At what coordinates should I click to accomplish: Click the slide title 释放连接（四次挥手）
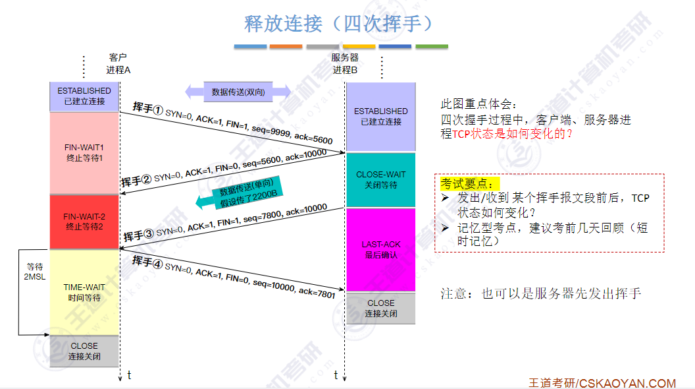pyautogui.click(x=340, y=24)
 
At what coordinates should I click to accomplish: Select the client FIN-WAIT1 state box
pyautogui.click(x=84, y=152)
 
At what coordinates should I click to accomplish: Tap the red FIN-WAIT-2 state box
pyautogui.click(x=84, y=221)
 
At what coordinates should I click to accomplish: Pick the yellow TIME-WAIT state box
pyautogui.click(x=84, y=292)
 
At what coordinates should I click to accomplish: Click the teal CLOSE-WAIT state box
pyautogui.click(x=380, y=179)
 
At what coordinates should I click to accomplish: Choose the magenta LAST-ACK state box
pyautogui.click(x=380, y=249)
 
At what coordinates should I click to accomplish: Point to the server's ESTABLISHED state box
pyautogui.click(x=380, y=116)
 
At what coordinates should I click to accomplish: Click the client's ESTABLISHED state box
pyautogui.click(x=84, y=96)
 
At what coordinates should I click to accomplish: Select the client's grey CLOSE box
pyautogui.click(x=84, y=351)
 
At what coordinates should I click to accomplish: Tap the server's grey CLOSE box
pyautogui.click(x=380, y=308)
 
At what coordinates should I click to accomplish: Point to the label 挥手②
pyautogui.click(x=137, y=181)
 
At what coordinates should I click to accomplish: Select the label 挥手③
pyautogui.click(x=138, y=235)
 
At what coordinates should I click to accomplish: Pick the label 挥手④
pyautogui.click(x=147, y=260)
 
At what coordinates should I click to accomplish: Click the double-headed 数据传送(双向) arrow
pyautogui.click(x=238, y=92)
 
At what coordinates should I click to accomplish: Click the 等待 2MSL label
pyautogui.click(x=34, y=272)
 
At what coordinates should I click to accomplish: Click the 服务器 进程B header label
pyautogui.click(x=345, y=63)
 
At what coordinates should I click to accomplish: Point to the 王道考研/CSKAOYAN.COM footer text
pyautogui.click(x=602, y=383)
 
